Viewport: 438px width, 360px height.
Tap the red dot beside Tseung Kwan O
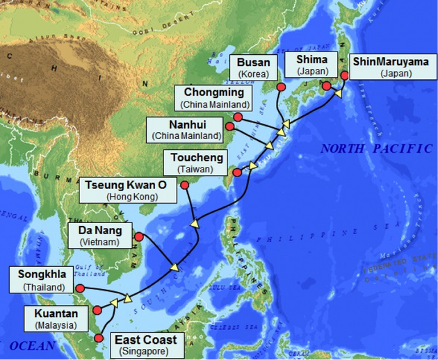tap(185, 184)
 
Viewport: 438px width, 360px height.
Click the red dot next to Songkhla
tap(81, 288)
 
